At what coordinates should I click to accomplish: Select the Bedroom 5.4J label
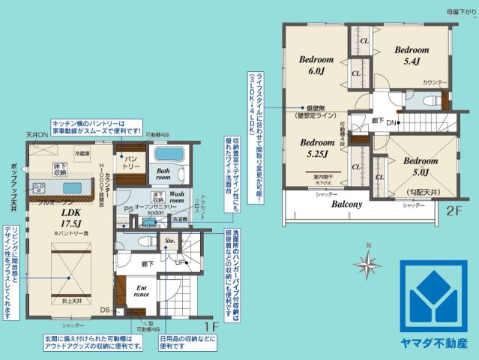412,55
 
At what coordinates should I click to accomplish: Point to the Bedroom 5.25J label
317,148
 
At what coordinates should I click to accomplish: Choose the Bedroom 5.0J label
418,166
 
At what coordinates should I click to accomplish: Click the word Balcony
347,203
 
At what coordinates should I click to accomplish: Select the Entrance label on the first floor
140,290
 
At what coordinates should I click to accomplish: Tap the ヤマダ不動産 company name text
438,343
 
